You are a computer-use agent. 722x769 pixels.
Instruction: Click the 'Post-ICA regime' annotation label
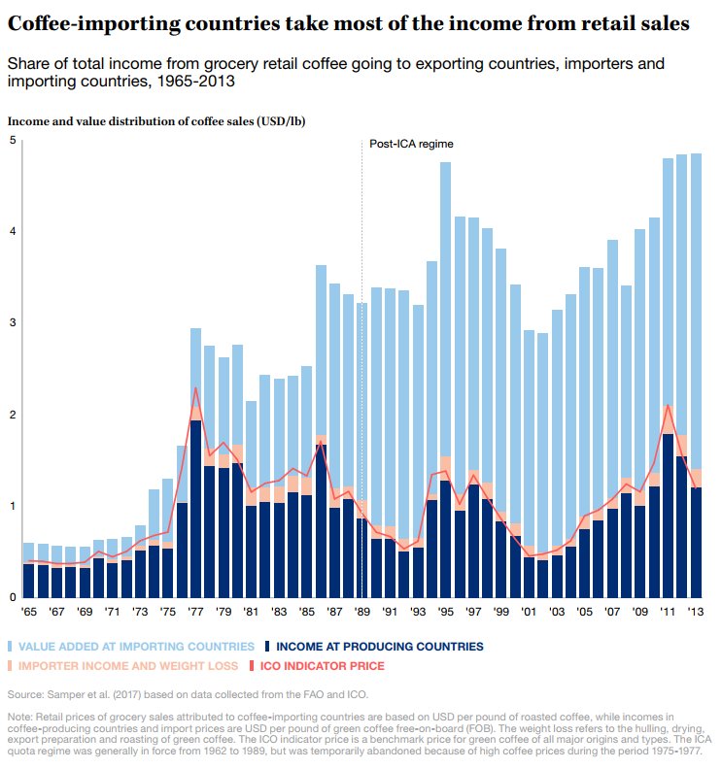(411, 144)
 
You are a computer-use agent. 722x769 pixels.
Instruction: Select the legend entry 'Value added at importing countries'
(136, 646)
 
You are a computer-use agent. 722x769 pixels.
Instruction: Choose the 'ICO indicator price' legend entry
(321, 666)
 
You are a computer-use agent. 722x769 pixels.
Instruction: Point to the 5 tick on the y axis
(13, 141)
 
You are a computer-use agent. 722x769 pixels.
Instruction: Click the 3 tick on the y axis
(13, 323)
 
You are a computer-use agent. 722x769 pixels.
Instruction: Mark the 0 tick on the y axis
(13, 597)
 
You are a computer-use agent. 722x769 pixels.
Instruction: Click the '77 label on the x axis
(195, 614)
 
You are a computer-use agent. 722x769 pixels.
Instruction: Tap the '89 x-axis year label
(362, 614)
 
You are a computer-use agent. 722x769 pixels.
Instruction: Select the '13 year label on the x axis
(696, 614)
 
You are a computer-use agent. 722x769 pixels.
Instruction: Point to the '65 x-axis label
(29, 614)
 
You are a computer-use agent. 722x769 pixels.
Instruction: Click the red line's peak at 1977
(195, 388)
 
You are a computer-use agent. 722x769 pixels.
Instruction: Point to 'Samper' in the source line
(68, 695)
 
